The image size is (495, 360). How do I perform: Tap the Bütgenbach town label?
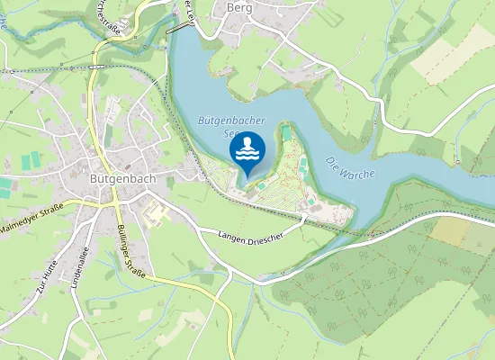pos(123,178)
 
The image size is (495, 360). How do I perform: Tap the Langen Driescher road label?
pos(251,237)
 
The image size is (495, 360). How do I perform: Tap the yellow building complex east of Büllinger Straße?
pos(156,214)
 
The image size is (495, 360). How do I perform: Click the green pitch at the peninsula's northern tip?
pos(286,132)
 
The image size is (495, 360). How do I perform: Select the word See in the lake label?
pos(231,134)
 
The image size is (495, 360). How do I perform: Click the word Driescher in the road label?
pos(265,239)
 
